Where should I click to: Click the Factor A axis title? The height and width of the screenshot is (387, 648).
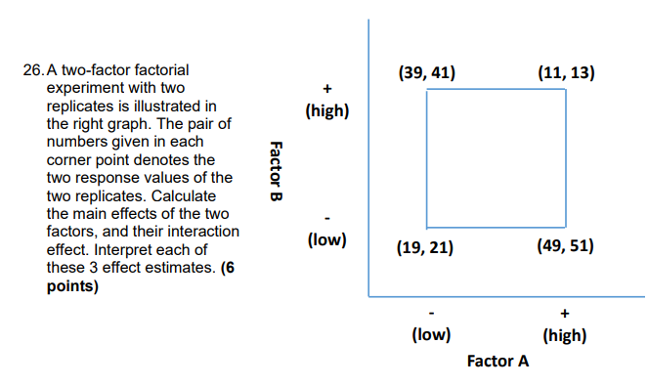point(497,362)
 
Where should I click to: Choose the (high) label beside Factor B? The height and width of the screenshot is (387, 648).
point(326,110)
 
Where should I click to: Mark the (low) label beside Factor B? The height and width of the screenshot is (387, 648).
point(326,238)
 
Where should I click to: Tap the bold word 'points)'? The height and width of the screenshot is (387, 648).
point(71,284)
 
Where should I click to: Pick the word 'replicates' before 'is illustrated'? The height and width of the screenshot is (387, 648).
point(81,107)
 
